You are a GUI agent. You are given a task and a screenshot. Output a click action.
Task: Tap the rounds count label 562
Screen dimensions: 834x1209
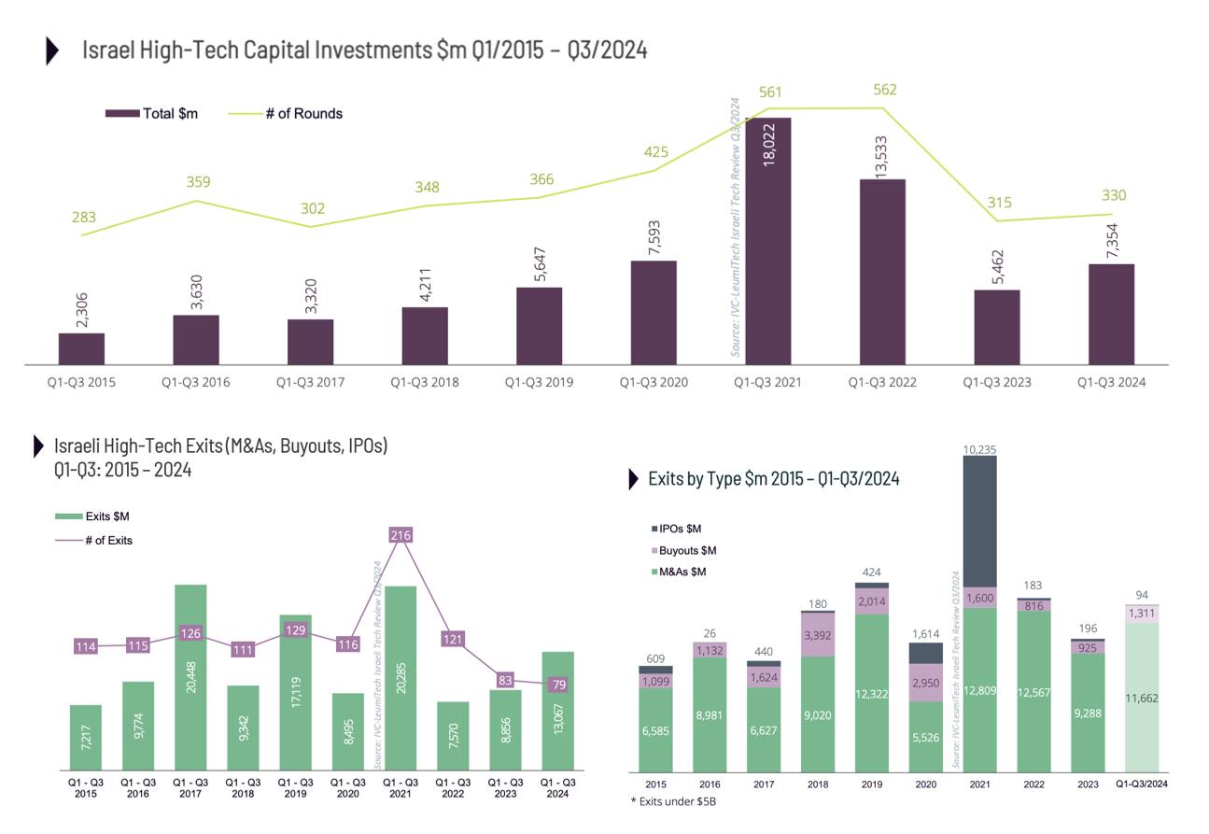pyautogui.click(x=884, y=91)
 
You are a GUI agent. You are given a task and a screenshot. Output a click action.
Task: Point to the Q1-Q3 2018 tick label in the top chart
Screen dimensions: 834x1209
pyautogui.click(x=425, y=382)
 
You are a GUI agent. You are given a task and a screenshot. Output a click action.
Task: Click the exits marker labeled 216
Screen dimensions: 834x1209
pyautogui.click(x=401, y=535)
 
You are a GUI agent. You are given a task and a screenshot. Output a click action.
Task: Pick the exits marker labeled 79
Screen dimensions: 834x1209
pyautogui.click(x=557, y=685)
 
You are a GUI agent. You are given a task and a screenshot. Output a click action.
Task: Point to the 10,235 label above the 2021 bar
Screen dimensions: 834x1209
pyautogui.click(x=979, y=449)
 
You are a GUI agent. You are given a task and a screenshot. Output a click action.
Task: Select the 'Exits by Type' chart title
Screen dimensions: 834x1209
pyautogui.click(x=774, y=479)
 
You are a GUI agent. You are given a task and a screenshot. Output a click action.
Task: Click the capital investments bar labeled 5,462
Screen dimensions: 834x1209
pyautogui.click(x=997, y=327)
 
